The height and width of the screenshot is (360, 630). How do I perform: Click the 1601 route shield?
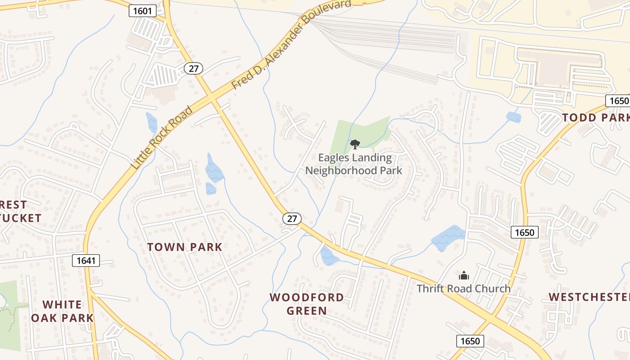pos(143,11)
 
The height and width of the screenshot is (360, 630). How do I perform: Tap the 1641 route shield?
pos(85,260)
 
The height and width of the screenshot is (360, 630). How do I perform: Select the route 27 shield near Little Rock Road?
pos(193,68)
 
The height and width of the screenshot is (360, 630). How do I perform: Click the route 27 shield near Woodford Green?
pos(292,219)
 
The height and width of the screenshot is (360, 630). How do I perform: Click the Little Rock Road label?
pos(162,137)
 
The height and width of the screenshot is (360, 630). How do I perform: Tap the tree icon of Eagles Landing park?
pos(355,144)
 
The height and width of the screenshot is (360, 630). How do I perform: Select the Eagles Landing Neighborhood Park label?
pos(354,164)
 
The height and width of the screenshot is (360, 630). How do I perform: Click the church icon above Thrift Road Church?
pos(463,275)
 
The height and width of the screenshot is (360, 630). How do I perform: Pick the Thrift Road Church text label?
pos(463,288)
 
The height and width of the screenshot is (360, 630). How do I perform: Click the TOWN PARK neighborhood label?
pos(185,247)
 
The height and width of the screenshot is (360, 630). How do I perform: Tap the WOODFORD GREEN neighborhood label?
pos(307,304)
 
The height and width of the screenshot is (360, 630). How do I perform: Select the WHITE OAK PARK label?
pos(63,311)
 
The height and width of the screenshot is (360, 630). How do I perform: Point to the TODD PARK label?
pos(595,118)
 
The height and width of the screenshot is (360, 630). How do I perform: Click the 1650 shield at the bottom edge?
pos(470,341)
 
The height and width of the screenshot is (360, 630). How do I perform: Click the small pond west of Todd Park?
pos(513,117)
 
